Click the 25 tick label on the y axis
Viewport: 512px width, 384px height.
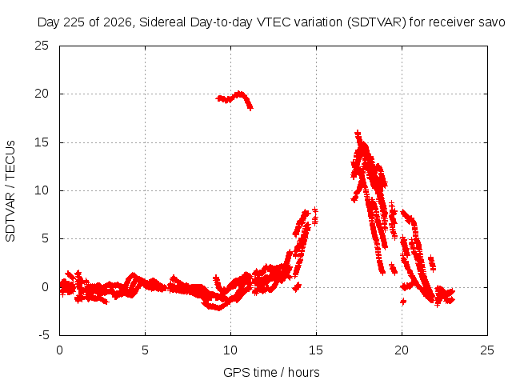[x=42, y=46]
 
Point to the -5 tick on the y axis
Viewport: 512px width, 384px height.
[x=43, y=335]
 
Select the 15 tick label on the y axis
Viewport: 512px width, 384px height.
[x=42, y=142]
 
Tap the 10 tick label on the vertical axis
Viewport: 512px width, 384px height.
[x=42, y=190]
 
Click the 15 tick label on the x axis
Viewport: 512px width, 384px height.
[x=316, y=350]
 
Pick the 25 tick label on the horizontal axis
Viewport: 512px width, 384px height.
[x=487, y=350]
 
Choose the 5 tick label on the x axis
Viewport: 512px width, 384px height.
[x=145, y=350]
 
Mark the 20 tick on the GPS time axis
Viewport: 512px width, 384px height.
[x=402, y=350]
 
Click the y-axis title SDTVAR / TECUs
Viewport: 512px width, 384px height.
[x=10, y=191]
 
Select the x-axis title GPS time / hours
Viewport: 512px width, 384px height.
[x=271, y=372]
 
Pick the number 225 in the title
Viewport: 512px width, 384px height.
[x=73, y=22]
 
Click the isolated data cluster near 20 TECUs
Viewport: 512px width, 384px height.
[x=234, y=98]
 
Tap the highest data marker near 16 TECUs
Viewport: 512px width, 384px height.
[x=358, y=134]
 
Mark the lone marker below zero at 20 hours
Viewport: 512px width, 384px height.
[x=403, y=302]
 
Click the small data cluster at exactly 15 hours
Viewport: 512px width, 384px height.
[x=314, y=216]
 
